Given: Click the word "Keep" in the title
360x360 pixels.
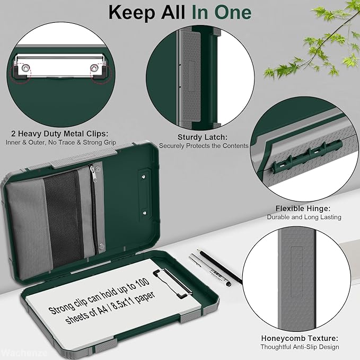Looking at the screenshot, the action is pyautogui.click(x=132, y=13).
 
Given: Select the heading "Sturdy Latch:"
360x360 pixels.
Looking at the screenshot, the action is pyautogui.click(x=203, y=137).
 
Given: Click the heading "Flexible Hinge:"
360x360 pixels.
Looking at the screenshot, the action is pyautogui.click(x=303, y=208).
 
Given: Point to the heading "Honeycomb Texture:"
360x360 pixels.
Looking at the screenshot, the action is pyautogui.click(x=300, y=338).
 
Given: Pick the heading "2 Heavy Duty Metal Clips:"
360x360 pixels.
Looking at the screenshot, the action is pyautogui.click(x=60, y=134).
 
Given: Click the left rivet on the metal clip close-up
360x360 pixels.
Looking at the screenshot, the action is pyautogui.click(x=25, y=68).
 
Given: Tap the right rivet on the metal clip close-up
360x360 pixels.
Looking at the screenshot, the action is pyautogui.click(x=94, y=67).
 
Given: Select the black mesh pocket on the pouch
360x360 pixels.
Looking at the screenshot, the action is pyautogui.click(x=63, y=218).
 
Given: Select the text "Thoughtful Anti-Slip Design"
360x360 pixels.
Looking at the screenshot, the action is pyautogui.click(x=300, y=347).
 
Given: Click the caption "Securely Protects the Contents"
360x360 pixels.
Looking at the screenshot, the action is pyautogui.click(x=204, y=146).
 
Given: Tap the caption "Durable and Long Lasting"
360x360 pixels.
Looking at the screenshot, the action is pyautogui.click(x=304, y=217).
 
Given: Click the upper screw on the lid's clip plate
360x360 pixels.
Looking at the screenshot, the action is pyautogui.click(x=144, y=177).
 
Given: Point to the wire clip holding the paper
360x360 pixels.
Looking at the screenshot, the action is pyautogui.click(x=172, y=284).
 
